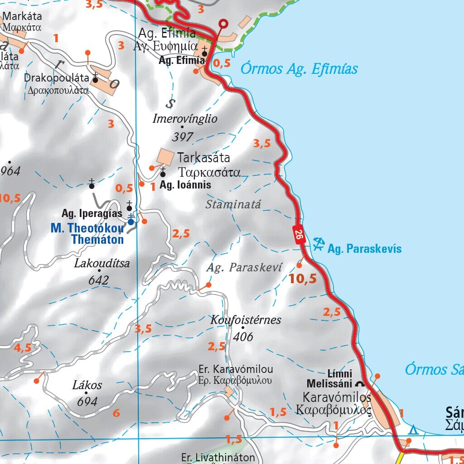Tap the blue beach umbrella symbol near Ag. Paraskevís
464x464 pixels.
[x=319, y=244]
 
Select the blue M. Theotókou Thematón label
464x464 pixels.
[x=87, y=233]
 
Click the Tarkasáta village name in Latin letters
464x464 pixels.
[x=203, y=158]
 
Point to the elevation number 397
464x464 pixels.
[x=183, y=136]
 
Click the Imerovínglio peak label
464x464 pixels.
[x=185, y=119]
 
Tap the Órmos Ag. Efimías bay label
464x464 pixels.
[x=299, y=69]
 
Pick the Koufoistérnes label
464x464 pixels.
[x=246, y=320]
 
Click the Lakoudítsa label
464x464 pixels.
[x=102, y=263]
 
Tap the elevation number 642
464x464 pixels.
[x=98, y=280]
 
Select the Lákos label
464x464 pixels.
[x=87, y=385]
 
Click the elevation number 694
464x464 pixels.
[x=87, y=401]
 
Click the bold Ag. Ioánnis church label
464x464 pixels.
[x=185, y=185]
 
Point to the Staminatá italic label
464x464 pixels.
[x=233, y=204]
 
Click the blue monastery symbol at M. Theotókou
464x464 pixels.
[x=130, y=221]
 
